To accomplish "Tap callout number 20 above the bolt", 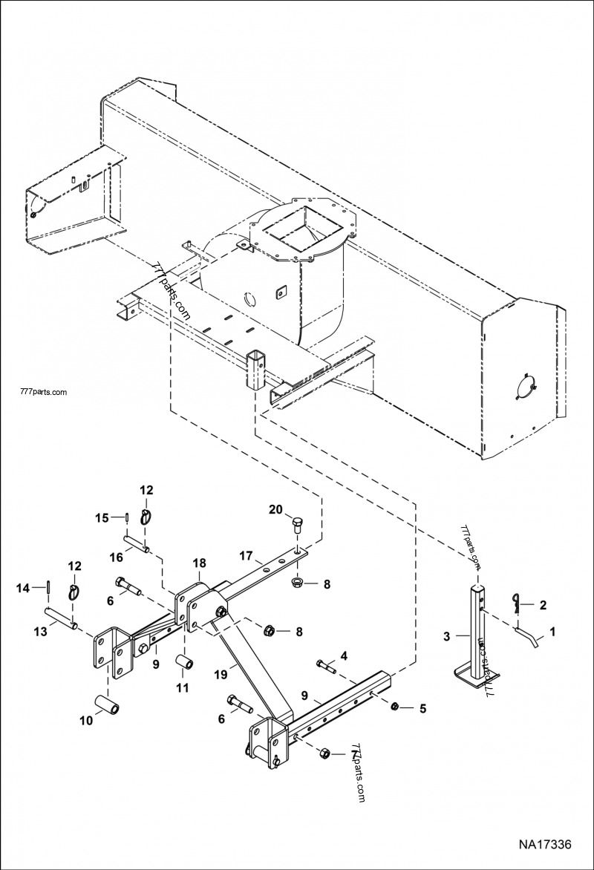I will coord(275,509).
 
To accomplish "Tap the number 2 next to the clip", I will coord(543,606).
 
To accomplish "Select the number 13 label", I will coord(40,630).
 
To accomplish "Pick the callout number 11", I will coord(182,688).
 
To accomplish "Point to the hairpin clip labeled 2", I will coord(519,603).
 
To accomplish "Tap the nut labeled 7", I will coord(324,754).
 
